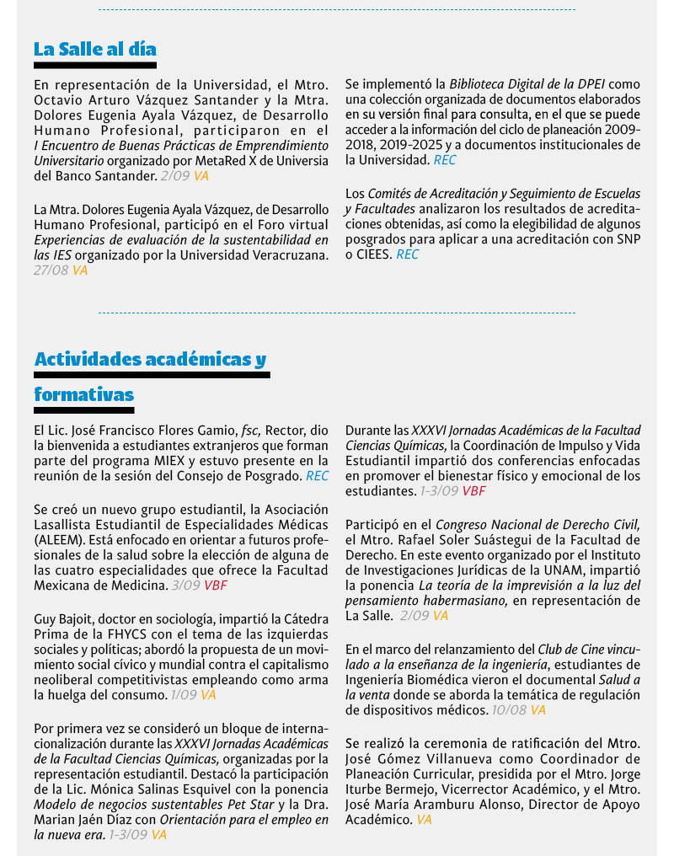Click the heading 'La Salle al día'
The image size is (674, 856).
[95, 49]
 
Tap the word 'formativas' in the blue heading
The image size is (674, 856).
[83, 394]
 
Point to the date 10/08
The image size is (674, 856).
[509, 710]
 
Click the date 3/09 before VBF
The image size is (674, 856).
[185, 585]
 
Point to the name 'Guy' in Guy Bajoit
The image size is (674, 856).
[45, 618]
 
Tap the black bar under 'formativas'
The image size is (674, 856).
[83, 410]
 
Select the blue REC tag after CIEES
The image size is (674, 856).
[407, 254]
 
